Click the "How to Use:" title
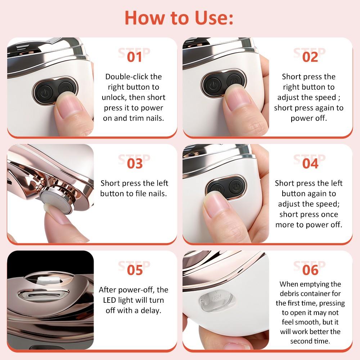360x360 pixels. coord(179,17)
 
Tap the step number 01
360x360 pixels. coord(134,57)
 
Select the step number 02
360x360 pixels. coord(310,57)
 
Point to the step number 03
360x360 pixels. coord(134,163)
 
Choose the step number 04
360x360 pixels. coord(310,163)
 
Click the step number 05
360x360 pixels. coord(134,270)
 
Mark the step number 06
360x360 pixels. coord(310,270)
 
